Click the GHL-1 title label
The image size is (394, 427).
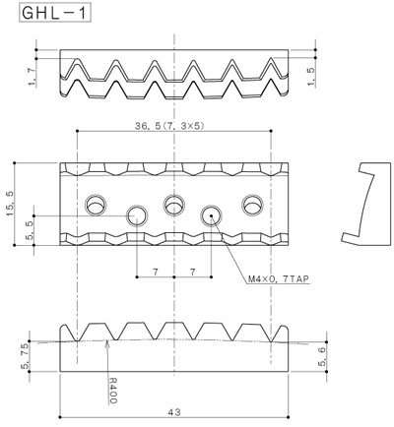(x=55, y=14)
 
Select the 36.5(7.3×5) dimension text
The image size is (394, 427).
(x=169, y=126)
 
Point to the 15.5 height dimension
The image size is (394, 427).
(x=9, y=204)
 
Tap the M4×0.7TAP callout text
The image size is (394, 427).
(x=279, y=279)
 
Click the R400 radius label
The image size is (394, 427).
(x=112, y=390)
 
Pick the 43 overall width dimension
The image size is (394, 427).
(x=174, y=412)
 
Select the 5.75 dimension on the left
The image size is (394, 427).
(x=25, y=356)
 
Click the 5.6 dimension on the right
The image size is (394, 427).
(x=322, y=357)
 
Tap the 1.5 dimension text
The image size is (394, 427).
(x=310, y=77)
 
